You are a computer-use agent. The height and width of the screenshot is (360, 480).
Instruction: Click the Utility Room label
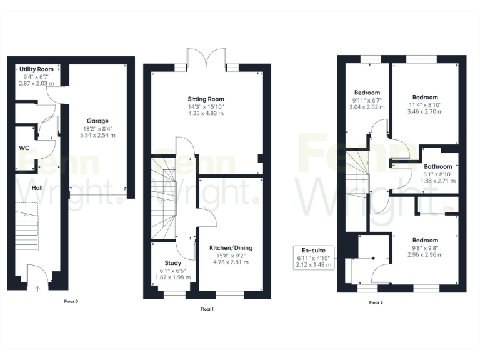click(x=36, y=69)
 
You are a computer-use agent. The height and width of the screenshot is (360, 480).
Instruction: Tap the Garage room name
click(x=97, y=121)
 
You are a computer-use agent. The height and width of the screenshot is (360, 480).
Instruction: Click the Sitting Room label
click(x=206, y=99)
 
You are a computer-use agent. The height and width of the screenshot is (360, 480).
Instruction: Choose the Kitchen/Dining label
click(x=231, y=247)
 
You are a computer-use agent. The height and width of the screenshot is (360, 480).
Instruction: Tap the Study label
click(x=173, y=263)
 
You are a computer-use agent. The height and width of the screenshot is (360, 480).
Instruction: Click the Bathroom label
click(x=438, y=166)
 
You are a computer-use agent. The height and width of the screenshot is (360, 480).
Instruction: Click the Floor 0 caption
click(x=71, y=301)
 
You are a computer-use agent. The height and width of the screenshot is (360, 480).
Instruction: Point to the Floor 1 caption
click(x=207, y=309)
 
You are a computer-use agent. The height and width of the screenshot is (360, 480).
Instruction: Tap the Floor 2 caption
click(x=376, y=302)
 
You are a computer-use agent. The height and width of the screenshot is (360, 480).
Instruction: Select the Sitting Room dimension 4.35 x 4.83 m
click(x=206, y=114)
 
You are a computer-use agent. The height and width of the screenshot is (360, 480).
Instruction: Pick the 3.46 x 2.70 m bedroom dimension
click(x=425, y=112)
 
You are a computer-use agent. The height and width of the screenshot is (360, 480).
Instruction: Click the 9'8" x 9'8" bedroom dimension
click(x=425, y=247)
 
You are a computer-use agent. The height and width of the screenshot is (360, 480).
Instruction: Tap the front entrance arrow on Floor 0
click(x=37, y=288)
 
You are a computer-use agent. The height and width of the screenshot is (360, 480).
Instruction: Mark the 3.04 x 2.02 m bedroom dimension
click(x=367, y=107)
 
